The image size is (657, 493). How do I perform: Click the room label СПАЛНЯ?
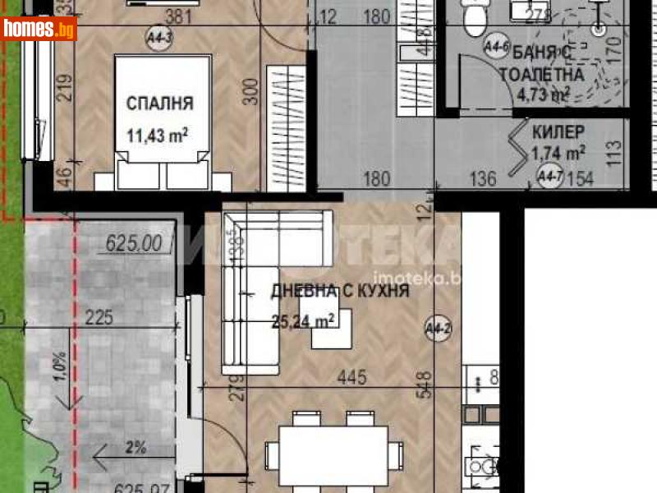point(159,104)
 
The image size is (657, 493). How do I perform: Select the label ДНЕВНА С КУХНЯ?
point(340,291)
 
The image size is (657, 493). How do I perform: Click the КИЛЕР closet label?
point(558,131)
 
